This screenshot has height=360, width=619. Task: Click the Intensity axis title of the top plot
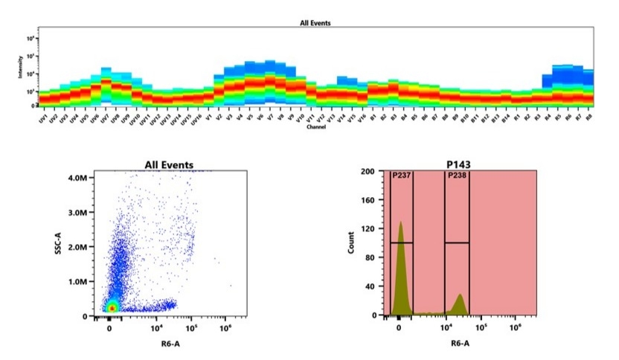(x=22, y=71)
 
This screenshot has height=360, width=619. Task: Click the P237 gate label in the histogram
(x=400, y=176)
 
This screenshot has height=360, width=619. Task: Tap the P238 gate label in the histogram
(x=456, y=176)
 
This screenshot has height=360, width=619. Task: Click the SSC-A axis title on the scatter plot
(x=58, y=242)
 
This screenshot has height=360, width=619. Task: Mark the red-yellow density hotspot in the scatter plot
(x=111, y=306)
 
